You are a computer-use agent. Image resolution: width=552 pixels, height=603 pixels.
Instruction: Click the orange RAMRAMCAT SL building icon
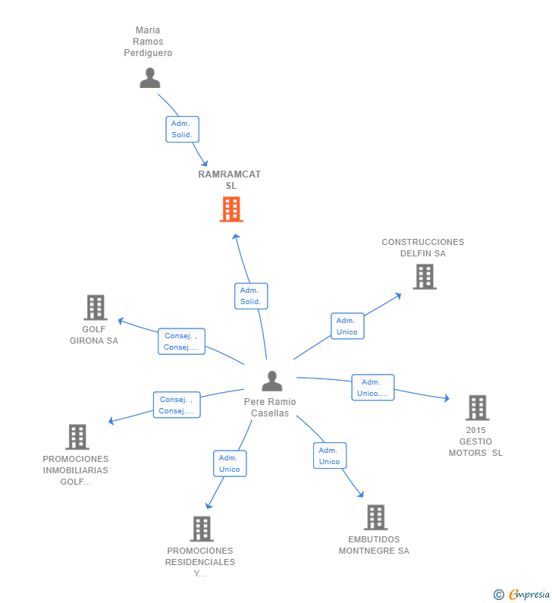pos(231,209)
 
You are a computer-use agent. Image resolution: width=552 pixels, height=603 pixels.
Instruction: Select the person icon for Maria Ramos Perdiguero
pos(150,78)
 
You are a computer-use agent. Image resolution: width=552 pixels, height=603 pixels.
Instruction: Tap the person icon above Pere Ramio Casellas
pos(271,381)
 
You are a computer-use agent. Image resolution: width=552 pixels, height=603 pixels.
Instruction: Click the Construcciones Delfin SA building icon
pos(425,277)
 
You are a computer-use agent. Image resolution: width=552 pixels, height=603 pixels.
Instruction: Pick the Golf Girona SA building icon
pos(95,307)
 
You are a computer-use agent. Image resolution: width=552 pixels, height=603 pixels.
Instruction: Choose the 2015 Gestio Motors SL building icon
pos(477,408)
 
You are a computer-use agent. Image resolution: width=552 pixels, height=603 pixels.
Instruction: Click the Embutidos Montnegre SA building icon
pos(375,517)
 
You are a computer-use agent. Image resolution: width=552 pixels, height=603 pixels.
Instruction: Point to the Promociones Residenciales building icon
pos(201,529)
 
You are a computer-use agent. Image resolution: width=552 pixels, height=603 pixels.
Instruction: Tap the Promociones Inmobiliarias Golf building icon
pos(77,437)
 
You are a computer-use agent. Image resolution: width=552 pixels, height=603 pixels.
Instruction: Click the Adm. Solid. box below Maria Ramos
pos(182,129)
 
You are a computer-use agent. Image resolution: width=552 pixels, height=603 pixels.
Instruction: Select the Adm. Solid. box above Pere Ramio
pos(251,296)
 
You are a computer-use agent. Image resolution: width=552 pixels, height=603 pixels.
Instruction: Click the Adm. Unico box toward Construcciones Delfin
pos(347,326)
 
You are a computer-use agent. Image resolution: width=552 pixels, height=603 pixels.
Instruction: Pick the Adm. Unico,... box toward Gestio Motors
pos(372,388)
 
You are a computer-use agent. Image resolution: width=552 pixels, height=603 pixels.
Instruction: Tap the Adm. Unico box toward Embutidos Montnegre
pos(329,456)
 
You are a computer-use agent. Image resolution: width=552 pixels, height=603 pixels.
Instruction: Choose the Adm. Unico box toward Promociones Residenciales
pos(230,463)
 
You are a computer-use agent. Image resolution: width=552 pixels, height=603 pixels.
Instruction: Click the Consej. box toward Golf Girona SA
pos(181,341)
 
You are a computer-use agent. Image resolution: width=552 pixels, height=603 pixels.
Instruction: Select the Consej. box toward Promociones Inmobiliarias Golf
pos(177,405)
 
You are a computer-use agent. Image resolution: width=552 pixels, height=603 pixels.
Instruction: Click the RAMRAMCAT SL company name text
pos(230,180)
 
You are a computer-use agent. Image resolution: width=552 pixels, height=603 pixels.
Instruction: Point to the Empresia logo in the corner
pos(522,594)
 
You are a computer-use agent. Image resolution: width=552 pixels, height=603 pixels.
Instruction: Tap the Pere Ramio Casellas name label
pos(270,407)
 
